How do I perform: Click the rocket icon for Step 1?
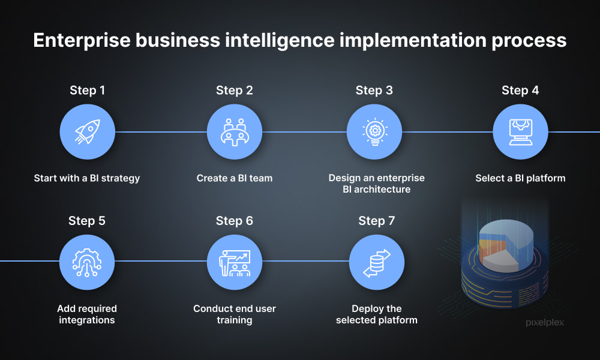[87, 132]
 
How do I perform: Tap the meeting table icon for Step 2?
[235, 132]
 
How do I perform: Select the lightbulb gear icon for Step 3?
[374, 132]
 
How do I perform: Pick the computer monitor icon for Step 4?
[520, 133]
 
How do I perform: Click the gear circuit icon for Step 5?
[87, 262]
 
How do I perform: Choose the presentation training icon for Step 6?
[235, 263]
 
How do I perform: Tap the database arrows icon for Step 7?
[377, 263]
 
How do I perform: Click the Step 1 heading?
[87, 91]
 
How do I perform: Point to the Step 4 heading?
[520, 91]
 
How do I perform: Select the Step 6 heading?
[235, 221]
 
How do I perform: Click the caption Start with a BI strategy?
[87, 178]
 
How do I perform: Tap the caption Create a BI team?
[235, 178]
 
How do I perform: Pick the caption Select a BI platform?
[520, 178]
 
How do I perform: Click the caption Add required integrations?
[87, 314]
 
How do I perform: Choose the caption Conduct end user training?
[235, 314]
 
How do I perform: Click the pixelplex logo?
[545, 323]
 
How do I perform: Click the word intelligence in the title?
[280, 41]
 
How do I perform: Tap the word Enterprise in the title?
[82, 41]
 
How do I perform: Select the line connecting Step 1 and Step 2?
[161, 132]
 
